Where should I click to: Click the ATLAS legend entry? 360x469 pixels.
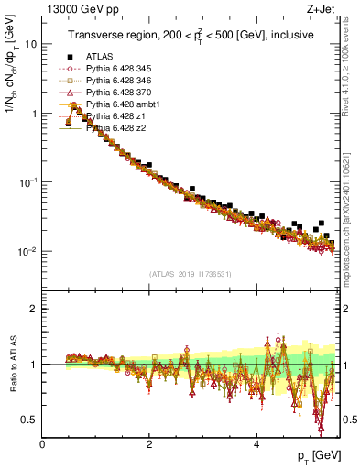[x=99, y=56]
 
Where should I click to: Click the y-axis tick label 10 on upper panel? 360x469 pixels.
[x=30, y=44]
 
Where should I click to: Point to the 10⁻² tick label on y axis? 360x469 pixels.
[x=27, y=251]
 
